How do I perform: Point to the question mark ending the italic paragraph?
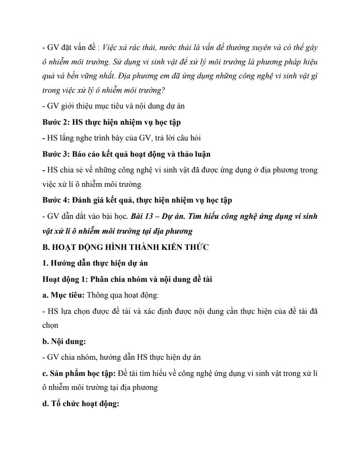click(164, 90)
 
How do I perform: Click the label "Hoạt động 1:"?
click(64, 279)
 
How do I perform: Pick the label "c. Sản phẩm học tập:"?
click(78, 373)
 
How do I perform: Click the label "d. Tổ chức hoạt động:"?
click(80, 404)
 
